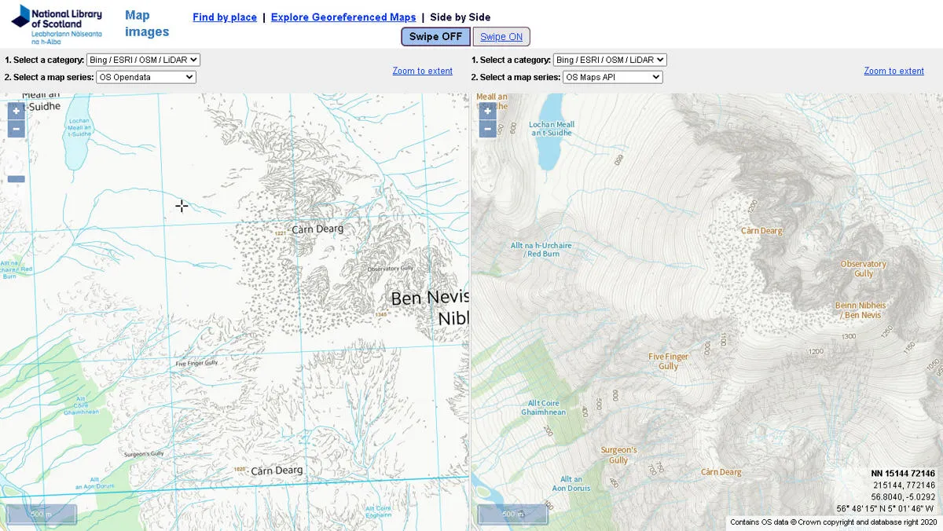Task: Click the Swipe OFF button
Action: tap(435, 37)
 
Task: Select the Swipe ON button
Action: tap(501, 37)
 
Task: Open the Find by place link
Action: tap(225, 17)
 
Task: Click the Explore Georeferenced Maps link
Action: tap(343, 17)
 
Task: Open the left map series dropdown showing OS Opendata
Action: tap(145, 77)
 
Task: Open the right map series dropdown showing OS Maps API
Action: tap(612, 77)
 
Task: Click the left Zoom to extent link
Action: tap(423, 71)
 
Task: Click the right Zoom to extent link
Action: tap(893, 71)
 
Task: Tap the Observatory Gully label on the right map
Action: tap(863, 269)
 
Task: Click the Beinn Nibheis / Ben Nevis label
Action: tap(860, 310)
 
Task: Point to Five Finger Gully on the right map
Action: tap(668, 361)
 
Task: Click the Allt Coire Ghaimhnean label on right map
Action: tap(543, 408)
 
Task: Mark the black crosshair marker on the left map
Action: tap(182, 206)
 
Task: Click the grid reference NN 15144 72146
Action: tap(903, 474)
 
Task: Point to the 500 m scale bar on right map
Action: tap(512, 514)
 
